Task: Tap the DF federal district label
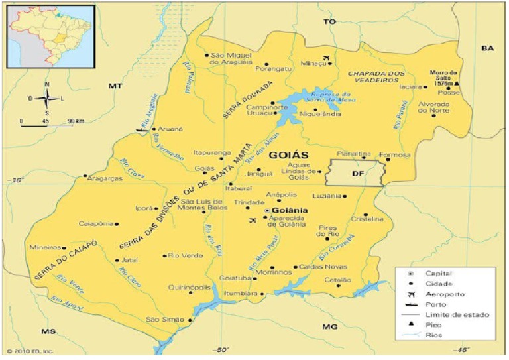[357, 174]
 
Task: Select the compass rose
[47, 98]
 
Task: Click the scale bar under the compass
[46, 123]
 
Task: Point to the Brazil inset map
[51, 36]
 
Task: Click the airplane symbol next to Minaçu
[326, 58]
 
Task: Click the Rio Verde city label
[184, 255]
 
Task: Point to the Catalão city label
[337, 280]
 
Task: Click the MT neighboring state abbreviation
[116, 86]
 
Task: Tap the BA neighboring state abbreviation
[488, 48]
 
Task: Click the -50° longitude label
[221, 349]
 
